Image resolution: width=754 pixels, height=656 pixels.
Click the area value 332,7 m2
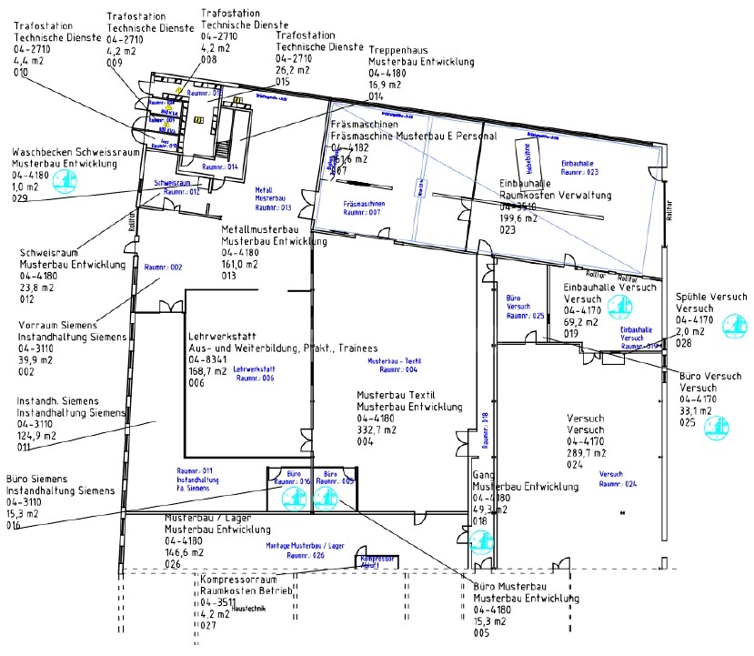click(x=380, y=430)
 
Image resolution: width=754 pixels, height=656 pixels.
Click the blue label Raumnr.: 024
click(x=618, y=483)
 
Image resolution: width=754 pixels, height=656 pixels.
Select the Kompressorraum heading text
click(x=238, y=578)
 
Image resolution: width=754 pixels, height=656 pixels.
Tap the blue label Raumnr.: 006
click(x=254, y=378)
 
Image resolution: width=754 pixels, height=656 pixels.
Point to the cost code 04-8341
click(x=210, y=359)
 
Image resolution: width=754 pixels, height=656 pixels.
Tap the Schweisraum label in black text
click(x=51, y=254)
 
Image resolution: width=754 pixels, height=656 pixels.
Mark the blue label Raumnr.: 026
click(x=306, y=555)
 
